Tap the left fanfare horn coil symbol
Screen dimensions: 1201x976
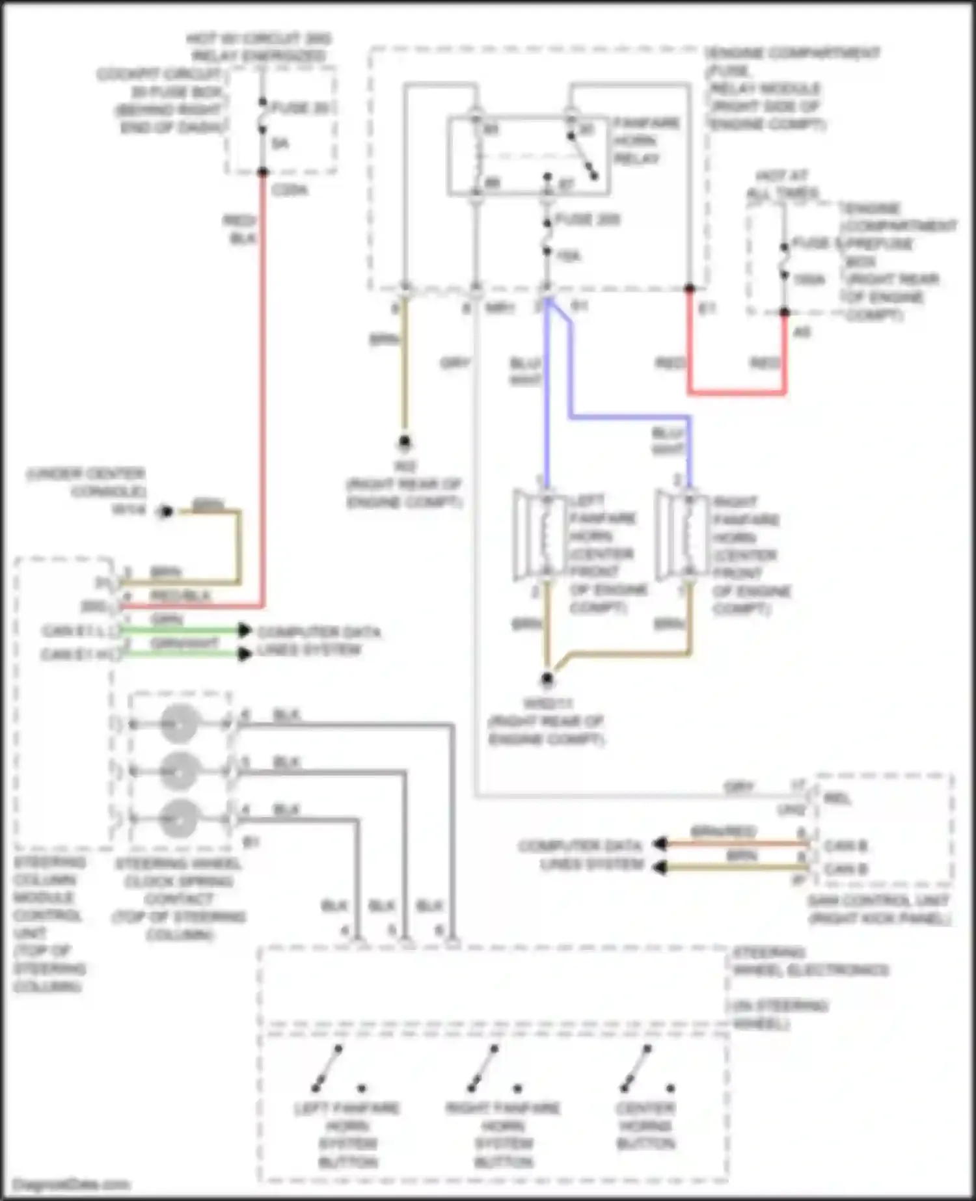pos(545,535)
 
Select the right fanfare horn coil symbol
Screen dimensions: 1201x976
pos(688,535)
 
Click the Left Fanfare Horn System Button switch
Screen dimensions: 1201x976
pos(328,1068)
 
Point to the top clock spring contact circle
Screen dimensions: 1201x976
pos(179,723)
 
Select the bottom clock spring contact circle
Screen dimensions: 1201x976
pos(179,818)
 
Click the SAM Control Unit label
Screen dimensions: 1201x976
pos(878,909)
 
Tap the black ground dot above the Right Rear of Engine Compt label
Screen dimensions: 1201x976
pos(405,443)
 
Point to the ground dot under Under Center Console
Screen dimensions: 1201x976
pos(165,511)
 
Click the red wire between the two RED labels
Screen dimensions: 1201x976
pos(737,392)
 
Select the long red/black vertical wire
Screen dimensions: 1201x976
pos(263,390)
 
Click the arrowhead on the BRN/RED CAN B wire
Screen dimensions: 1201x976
pos(660,844)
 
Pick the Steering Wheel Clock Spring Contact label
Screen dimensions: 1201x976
pos(178,898)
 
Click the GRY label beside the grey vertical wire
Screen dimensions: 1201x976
pos(455,363)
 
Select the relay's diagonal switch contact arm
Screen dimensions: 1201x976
pos(582,156)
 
